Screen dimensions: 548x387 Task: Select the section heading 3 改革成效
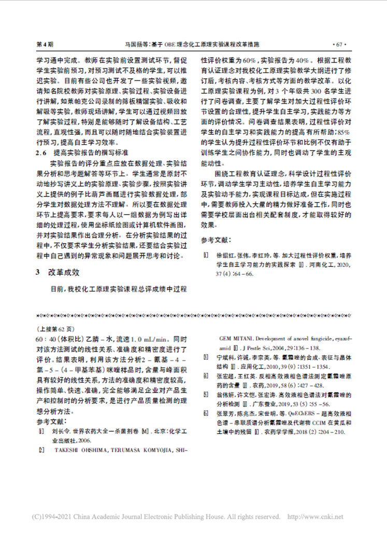tap(58, 272)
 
